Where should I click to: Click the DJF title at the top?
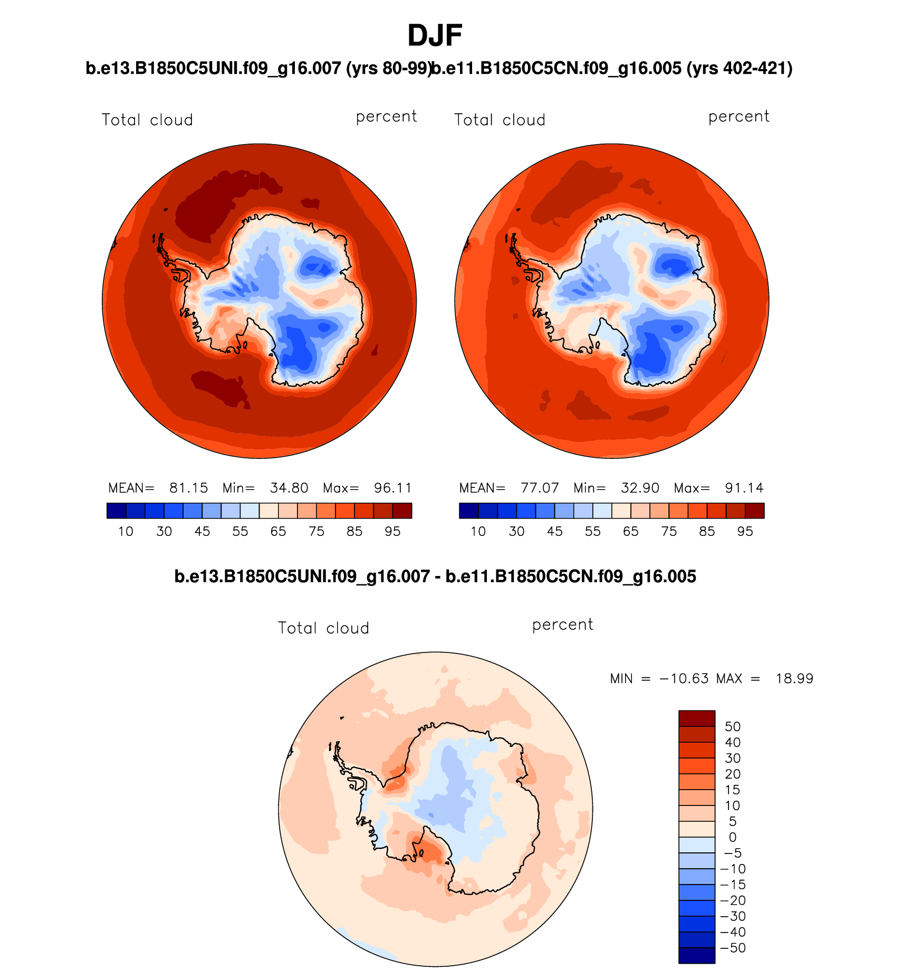(435, 36)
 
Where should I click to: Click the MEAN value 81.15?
(188, 488)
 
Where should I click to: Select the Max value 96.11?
(392, 488)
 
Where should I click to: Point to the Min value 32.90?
(640, 488)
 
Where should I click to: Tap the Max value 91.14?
(744, 488)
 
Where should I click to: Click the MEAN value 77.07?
(540, 488)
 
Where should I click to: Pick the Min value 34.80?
(289, 488)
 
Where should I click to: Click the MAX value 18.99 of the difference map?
(794, 678)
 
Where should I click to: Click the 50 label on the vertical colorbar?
(733, 726)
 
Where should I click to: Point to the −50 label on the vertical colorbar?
(733, 948)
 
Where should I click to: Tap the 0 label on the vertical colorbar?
(733, 837)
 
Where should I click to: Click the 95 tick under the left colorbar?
(392, 531)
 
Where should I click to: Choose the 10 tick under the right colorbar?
(478, 531)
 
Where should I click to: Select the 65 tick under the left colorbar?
(278, 531)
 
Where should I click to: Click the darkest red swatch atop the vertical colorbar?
(697, 718)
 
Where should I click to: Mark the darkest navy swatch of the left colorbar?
(116, 511)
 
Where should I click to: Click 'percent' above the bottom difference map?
(562, 625)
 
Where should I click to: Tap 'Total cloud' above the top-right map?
(500, 120)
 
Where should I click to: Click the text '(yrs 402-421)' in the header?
(740, 68)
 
